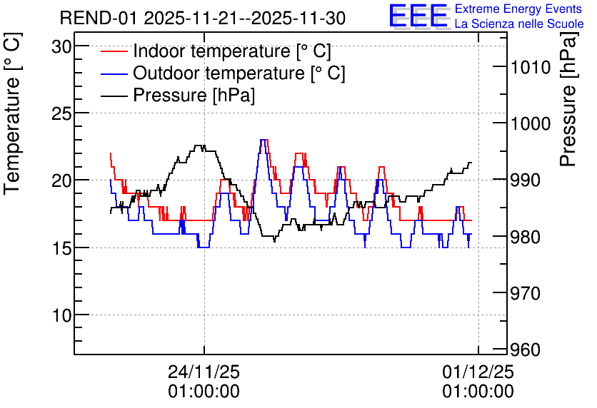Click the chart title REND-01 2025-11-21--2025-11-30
point(203,18)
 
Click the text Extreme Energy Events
point(518,9)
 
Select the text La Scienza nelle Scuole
point(519,24)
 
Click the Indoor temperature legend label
point(232,51)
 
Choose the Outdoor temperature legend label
point(239,73)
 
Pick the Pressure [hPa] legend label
point(194,95)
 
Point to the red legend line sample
point(114,51)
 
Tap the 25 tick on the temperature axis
point(61,113)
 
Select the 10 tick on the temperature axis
point(61,315)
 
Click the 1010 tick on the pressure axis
point(531,67)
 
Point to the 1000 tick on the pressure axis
point(531,123)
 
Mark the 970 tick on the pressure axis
point(526,293)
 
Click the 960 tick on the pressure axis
point(526,350)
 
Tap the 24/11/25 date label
point(204,372)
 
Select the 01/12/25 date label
point(478,372)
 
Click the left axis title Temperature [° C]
point(13,113)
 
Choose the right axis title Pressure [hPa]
point(568,99)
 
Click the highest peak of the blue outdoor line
point(262,140)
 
